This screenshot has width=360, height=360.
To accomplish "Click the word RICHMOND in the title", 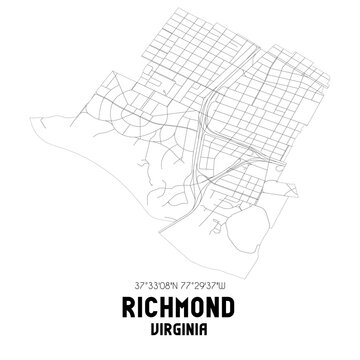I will point(180,306).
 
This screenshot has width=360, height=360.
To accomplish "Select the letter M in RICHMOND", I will point(184,306).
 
